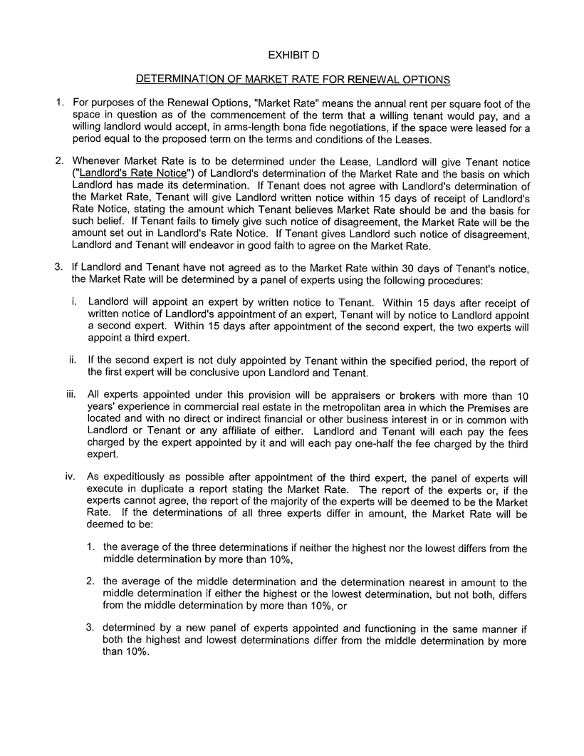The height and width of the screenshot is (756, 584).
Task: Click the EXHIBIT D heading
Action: [x=292, y=55]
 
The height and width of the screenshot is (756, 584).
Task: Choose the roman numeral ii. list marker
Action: [x=72, y=361]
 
